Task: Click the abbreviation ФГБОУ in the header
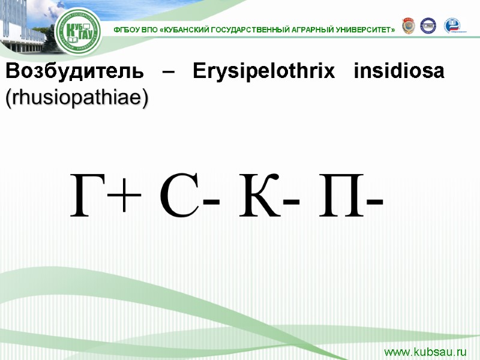(x=125, y=29)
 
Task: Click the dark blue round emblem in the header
(x=428, y=25)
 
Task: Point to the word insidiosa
(x=399, y=71)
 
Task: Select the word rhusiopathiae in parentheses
(x=76, y=98)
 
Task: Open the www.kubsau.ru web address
(x=425, y=351)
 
